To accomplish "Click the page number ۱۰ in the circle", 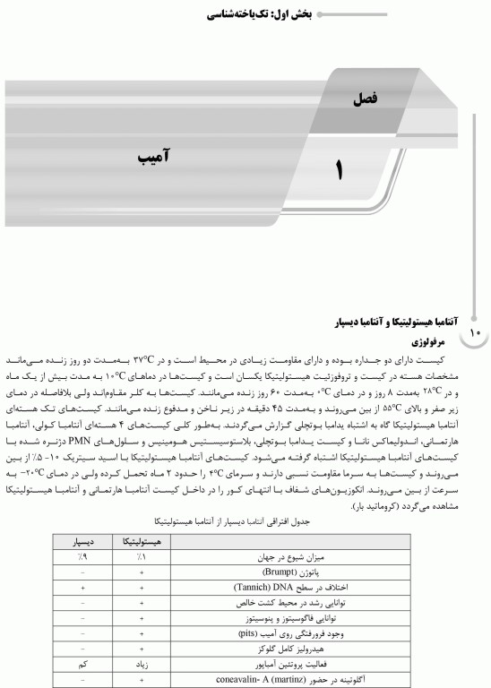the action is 475,333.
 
